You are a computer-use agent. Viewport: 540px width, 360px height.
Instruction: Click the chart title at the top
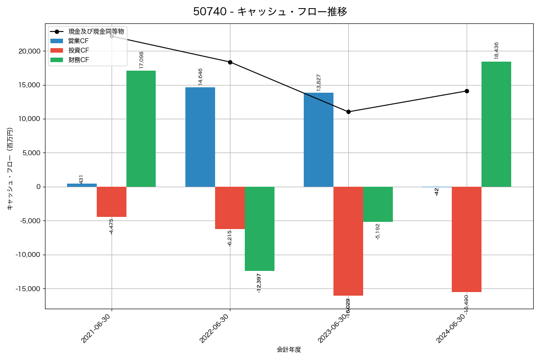click(270, 12)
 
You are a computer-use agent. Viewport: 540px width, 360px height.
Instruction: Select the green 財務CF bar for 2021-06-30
click(141, 129)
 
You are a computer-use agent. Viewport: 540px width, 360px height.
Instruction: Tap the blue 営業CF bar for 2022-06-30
click(200, 137)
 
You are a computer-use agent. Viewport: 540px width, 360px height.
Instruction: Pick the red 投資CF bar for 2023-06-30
click(348, 241)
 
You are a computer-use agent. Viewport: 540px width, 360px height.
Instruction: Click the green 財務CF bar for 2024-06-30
click(496, 124)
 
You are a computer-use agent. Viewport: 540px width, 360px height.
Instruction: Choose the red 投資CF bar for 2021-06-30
click(112, 202)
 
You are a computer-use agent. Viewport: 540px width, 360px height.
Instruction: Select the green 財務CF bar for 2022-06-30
click(260, 229)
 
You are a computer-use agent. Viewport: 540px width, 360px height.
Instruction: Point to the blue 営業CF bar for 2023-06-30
click(319, 139)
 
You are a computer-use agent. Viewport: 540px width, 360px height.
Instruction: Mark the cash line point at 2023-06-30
click(348, 112)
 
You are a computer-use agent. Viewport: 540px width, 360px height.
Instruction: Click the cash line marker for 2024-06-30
click(467, 91)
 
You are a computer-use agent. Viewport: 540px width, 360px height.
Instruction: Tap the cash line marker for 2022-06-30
click(230, 62)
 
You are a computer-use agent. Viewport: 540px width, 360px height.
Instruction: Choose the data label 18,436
click(496, 50)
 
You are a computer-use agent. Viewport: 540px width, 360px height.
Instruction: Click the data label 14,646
click(200, 76)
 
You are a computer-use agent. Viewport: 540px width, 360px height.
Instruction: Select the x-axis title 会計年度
click(289, 350)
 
